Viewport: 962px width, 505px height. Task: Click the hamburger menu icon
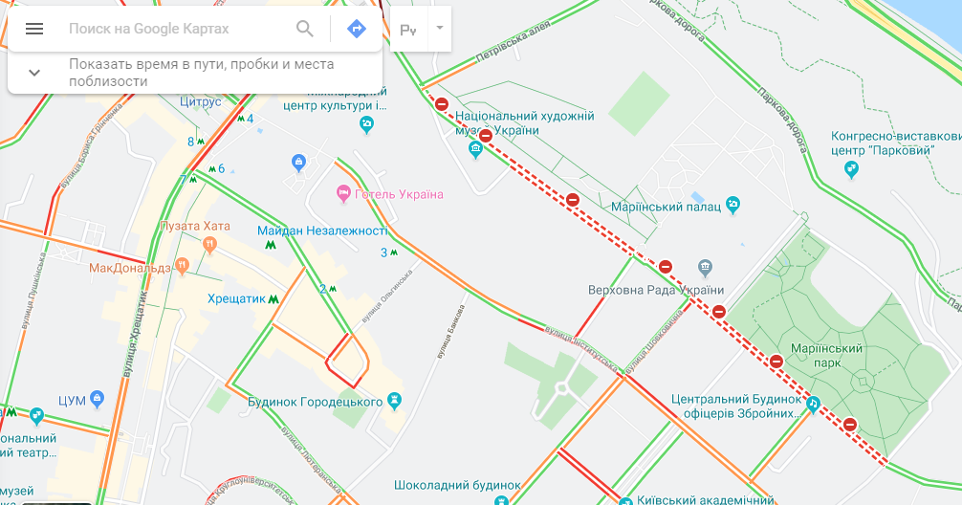coord(34,29)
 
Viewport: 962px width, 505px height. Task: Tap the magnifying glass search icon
coord(305,29)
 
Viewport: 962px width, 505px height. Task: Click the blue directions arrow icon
coord(356,29)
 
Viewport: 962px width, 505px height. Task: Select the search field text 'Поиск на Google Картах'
coord(149,29)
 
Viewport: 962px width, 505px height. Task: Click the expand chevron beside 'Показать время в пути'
coord(34,73)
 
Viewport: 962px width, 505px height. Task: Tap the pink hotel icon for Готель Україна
coord(343,194)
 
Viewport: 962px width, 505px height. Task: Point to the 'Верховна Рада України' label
coord(655,290)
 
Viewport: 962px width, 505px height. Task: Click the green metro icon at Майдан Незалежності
coord(272,244)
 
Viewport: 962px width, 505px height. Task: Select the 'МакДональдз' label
coord(129,268)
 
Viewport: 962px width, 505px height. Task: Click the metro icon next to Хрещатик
coord(274,298)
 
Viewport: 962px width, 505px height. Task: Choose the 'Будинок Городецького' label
coord(315,402)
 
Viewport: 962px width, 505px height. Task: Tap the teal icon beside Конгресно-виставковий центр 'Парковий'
coord(851,169)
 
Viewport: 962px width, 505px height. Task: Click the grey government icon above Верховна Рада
coord(705,266)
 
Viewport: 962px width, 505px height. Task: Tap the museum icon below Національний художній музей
coord(475,149)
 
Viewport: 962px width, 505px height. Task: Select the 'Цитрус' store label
coord(200,101)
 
